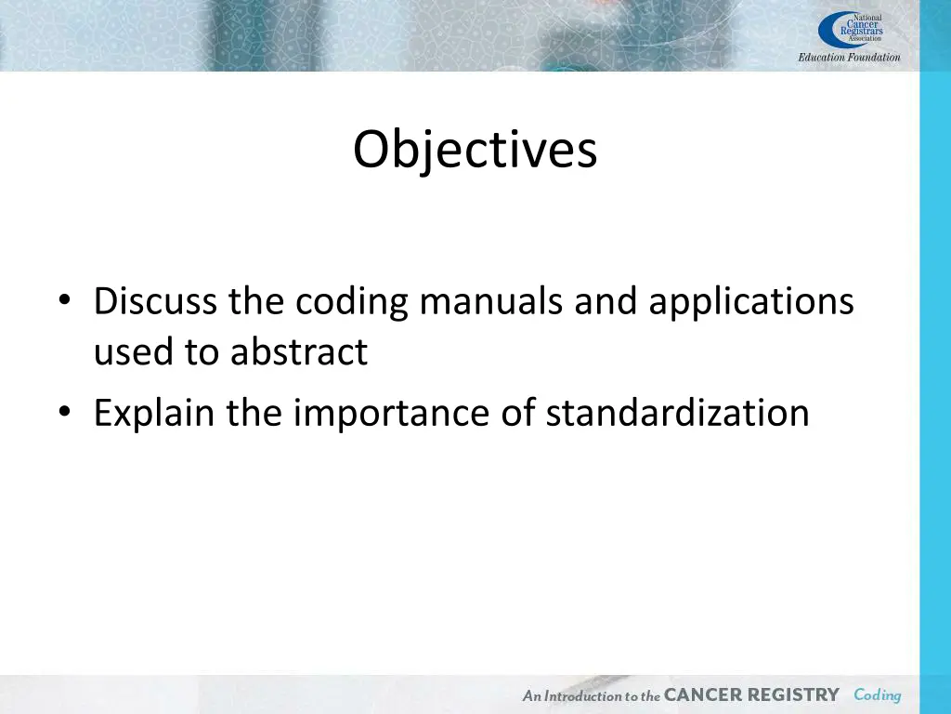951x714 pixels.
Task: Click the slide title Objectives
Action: click(475, 149)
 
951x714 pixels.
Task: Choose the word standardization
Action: click(677, 412)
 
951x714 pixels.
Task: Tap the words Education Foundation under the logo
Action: click(849, 58)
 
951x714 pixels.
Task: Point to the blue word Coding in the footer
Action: click(877, 695)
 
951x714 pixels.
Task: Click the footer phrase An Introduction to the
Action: click(591, 696)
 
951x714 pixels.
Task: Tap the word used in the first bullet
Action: click(125, 351)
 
